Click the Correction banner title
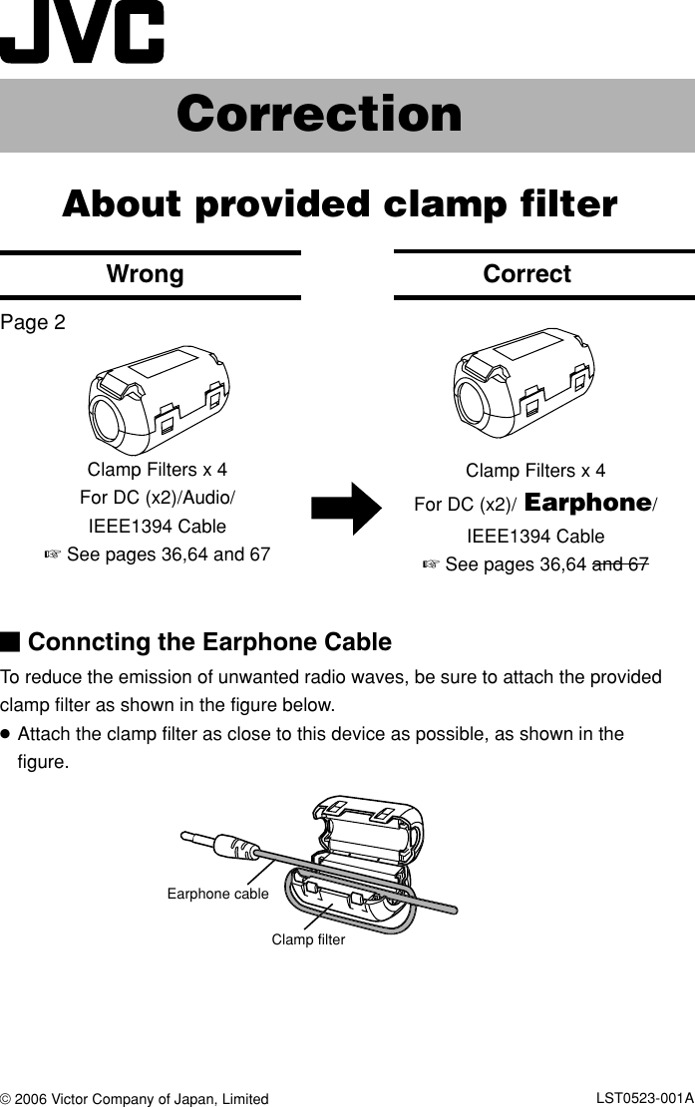pos(319,115)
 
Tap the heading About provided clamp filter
pos(340,204)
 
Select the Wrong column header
pos(146,274)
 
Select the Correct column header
pos(526,274)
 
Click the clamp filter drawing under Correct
pos(524,383)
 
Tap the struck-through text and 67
pos(620,565)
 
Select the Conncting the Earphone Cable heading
pos(209,641)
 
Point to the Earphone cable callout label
pos(217,894)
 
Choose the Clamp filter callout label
pos(308,939)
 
